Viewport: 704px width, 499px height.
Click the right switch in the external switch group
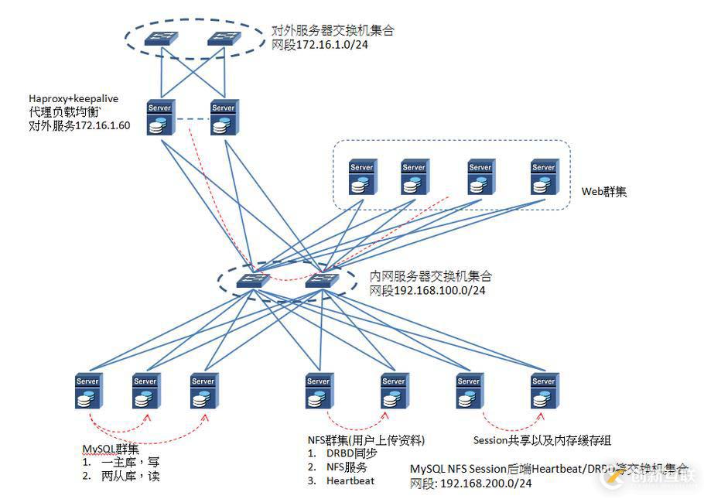click(224, 39)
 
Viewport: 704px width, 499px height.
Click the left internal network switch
click(252, 281)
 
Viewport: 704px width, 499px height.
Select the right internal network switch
click(320, 281)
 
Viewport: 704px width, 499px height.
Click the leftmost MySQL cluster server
click(88, 392)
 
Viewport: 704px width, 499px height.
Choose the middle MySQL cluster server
click(145, 392)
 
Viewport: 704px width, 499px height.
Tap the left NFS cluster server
click(318, 392)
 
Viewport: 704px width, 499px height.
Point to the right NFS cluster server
click(393, 392)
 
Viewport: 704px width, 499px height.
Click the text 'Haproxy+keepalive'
click(73, 98)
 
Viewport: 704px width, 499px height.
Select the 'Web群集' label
click(604, 191)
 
